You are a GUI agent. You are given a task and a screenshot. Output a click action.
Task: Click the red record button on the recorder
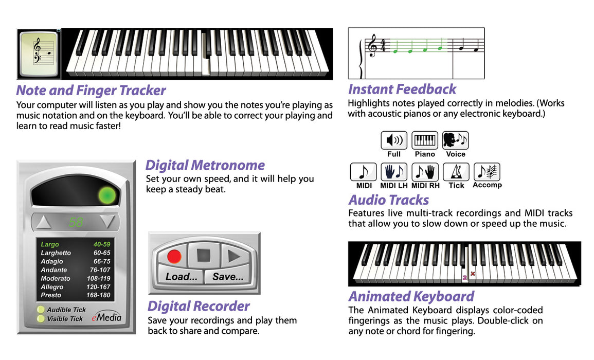(x=174, y=257)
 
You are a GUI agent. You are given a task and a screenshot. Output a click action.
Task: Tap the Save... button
(x=228, y=277)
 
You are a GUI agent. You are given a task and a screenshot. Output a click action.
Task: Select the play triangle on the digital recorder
(x=234, y=257)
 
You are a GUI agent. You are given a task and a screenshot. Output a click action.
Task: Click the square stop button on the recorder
(x=204, y=256)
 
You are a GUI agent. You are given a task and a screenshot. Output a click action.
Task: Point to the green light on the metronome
(x=107, y=195)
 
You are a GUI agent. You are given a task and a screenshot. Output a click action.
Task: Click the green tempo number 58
(x=76, y=222)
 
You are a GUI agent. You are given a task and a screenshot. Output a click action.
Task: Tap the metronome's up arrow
(x=44, y=222)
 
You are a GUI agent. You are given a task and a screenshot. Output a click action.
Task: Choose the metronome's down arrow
(x=107, y=222)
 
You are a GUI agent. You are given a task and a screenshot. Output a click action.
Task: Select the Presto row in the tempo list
(x=76, y=295)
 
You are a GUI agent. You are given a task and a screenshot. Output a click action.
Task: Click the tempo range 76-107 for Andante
(x=100, y=270)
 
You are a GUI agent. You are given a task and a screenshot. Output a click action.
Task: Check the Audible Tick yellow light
(x=41, y=310)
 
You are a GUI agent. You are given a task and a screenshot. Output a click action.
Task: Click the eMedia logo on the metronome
(x=106, y=317)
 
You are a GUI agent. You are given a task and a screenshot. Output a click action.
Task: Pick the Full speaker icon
(x=394, y=140)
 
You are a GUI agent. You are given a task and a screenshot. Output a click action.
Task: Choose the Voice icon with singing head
(x=455, y=140)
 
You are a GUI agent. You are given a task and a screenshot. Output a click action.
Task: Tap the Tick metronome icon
(x=456, y=172)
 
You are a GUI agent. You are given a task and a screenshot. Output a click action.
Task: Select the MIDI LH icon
(x=394, y=172)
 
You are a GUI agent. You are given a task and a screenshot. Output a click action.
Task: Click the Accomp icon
(x=487, y=172)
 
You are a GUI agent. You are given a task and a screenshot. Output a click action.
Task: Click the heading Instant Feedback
(x=402, y=89)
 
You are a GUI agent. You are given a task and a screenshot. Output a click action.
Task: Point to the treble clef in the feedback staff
(x=373, y=45)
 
